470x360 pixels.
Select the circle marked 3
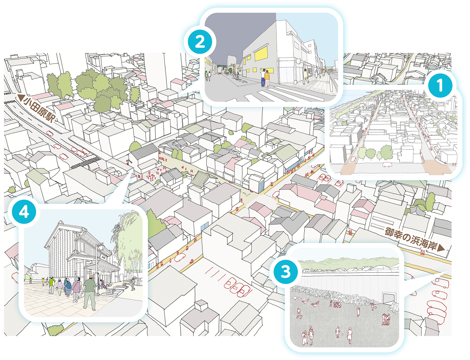285,272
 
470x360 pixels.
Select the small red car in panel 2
220,74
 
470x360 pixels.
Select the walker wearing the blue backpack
68,288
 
